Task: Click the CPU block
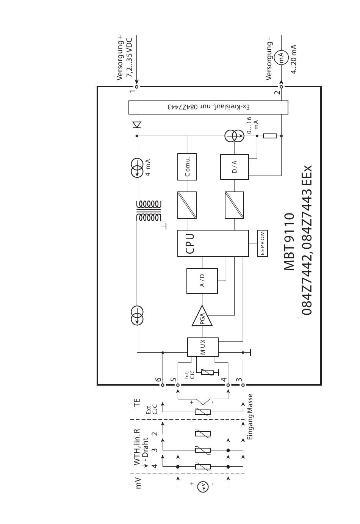[x=213, y=243]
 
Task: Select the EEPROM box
[x=262, y=243]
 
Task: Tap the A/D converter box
[x=202, y=281]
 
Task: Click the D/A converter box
[x=234, y=167]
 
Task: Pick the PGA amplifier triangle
[x=202, y=316]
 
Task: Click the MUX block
[x=203, y=347]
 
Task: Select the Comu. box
[x=187, y=167]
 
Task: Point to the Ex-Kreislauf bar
[x=208, y=107]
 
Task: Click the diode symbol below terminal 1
[x=137, y=125]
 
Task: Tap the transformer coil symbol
[x=149, y=210]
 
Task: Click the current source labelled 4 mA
[x=137, y=168]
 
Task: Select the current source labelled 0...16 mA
[x=234, y=136]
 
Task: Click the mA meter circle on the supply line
[x=281, y=58]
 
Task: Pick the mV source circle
[x=203, y=487]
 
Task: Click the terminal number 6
[x=158, y=379]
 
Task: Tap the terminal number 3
[x=239, y=379]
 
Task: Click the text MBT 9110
[x=289, y=242]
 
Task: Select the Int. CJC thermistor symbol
[x=208, y=373]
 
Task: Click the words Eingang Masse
[x=250, y=417]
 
